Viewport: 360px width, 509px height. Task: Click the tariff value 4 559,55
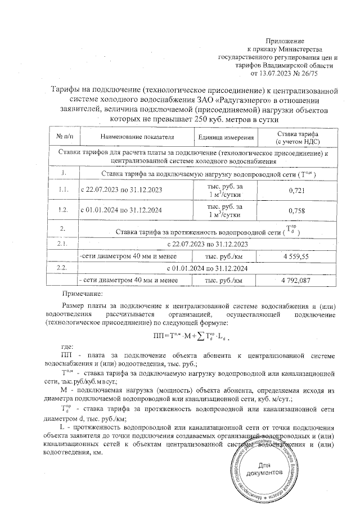296,256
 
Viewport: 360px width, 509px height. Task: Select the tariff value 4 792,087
296,280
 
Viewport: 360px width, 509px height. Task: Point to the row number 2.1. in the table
63,245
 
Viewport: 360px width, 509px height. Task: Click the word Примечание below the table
82,293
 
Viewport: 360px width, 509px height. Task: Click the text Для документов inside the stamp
264,469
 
